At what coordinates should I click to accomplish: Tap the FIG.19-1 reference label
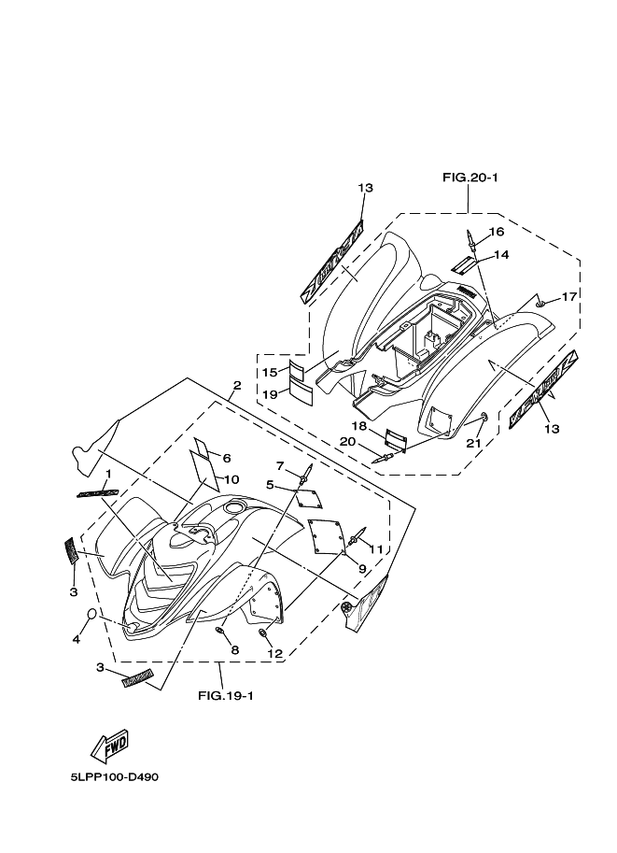coord(226,695)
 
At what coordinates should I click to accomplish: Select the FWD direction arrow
coord(108,746)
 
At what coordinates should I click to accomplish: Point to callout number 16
coord(496,231)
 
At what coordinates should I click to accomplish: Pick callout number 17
coord(568,296)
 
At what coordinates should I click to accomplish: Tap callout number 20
coord(345,441)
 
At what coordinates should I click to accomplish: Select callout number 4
coord(77,640)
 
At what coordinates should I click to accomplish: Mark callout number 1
coord(107,474)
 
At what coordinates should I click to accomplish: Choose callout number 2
coord(237,385)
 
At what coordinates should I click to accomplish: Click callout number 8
coord(234,650)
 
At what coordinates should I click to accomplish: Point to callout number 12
coord(274,653)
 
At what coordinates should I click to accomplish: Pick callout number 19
coord(269,393)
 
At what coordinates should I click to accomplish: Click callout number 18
coord(359,425)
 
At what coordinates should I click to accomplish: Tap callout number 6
coord(226,458)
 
